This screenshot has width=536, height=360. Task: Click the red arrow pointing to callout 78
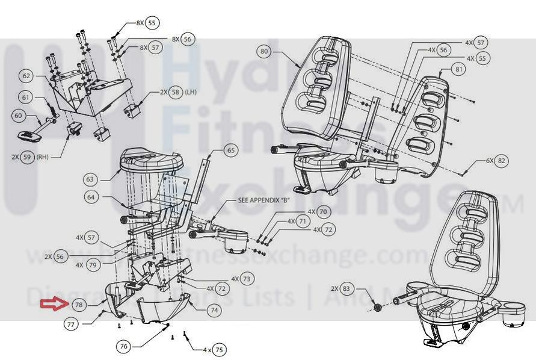pos(53,304)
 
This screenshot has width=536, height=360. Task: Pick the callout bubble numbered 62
pos(26,76)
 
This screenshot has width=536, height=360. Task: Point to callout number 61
pos(25,98)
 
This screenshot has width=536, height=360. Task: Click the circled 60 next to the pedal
pos(18,115)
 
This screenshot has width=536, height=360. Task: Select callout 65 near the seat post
pos(230,149)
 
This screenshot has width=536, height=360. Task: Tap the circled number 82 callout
pos(502,161)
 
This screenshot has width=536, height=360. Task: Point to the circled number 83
pos(346,288)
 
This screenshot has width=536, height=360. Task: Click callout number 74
pos(214,310)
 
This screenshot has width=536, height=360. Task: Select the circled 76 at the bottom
pos(124,346)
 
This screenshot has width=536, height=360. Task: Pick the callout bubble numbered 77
pos(71,324)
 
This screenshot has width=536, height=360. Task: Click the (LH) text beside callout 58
pos(191,92)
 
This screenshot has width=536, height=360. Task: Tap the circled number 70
pos(323,212)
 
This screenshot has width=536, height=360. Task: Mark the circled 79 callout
pos(91,264)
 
